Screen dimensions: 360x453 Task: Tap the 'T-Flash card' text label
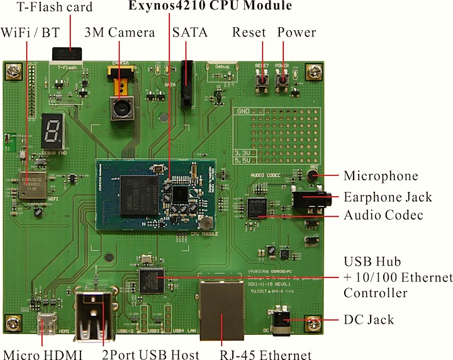click(x=55, y=8)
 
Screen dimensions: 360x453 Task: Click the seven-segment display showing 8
click(x=52, y=131)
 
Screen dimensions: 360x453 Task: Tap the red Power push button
click(x=282, y=79)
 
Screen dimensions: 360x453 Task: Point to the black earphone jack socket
click(x=309, y=201)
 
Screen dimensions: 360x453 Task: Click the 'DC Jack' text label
click(x=369, y=320)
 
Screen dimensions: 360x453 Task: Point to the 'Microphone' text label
click(x=381, y=176)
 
